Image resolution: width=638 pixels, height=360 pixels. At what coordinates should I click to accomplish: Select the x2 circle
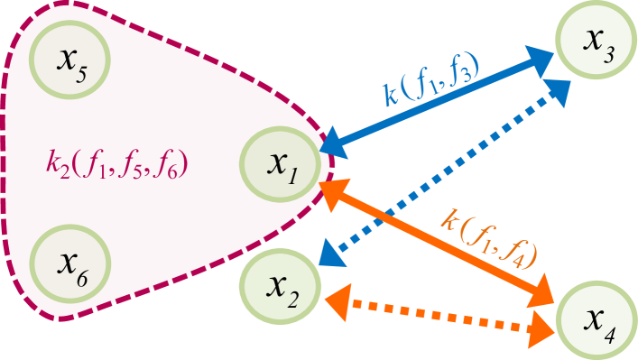280,287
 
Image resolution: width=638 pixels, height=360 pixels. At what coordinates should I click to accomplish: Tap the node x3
596,41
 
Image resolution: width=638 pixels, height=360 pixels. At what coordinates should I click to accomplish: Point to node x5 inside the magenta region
69,60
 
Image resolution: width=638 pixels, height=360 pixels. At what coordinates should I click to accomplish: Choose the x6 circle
69,263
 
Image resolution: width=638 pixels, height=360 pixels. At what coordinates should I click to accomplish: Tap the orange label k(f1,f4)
488,237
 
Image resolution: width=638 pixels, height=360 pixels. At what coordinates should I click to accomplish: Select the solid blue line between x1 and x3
433,102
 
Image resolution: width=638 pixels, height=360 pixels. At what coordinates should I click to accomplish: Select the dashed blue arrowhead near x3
559,90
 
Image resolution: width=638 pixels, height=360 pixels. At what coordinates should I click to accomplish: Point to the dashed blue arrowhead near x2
331,254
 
